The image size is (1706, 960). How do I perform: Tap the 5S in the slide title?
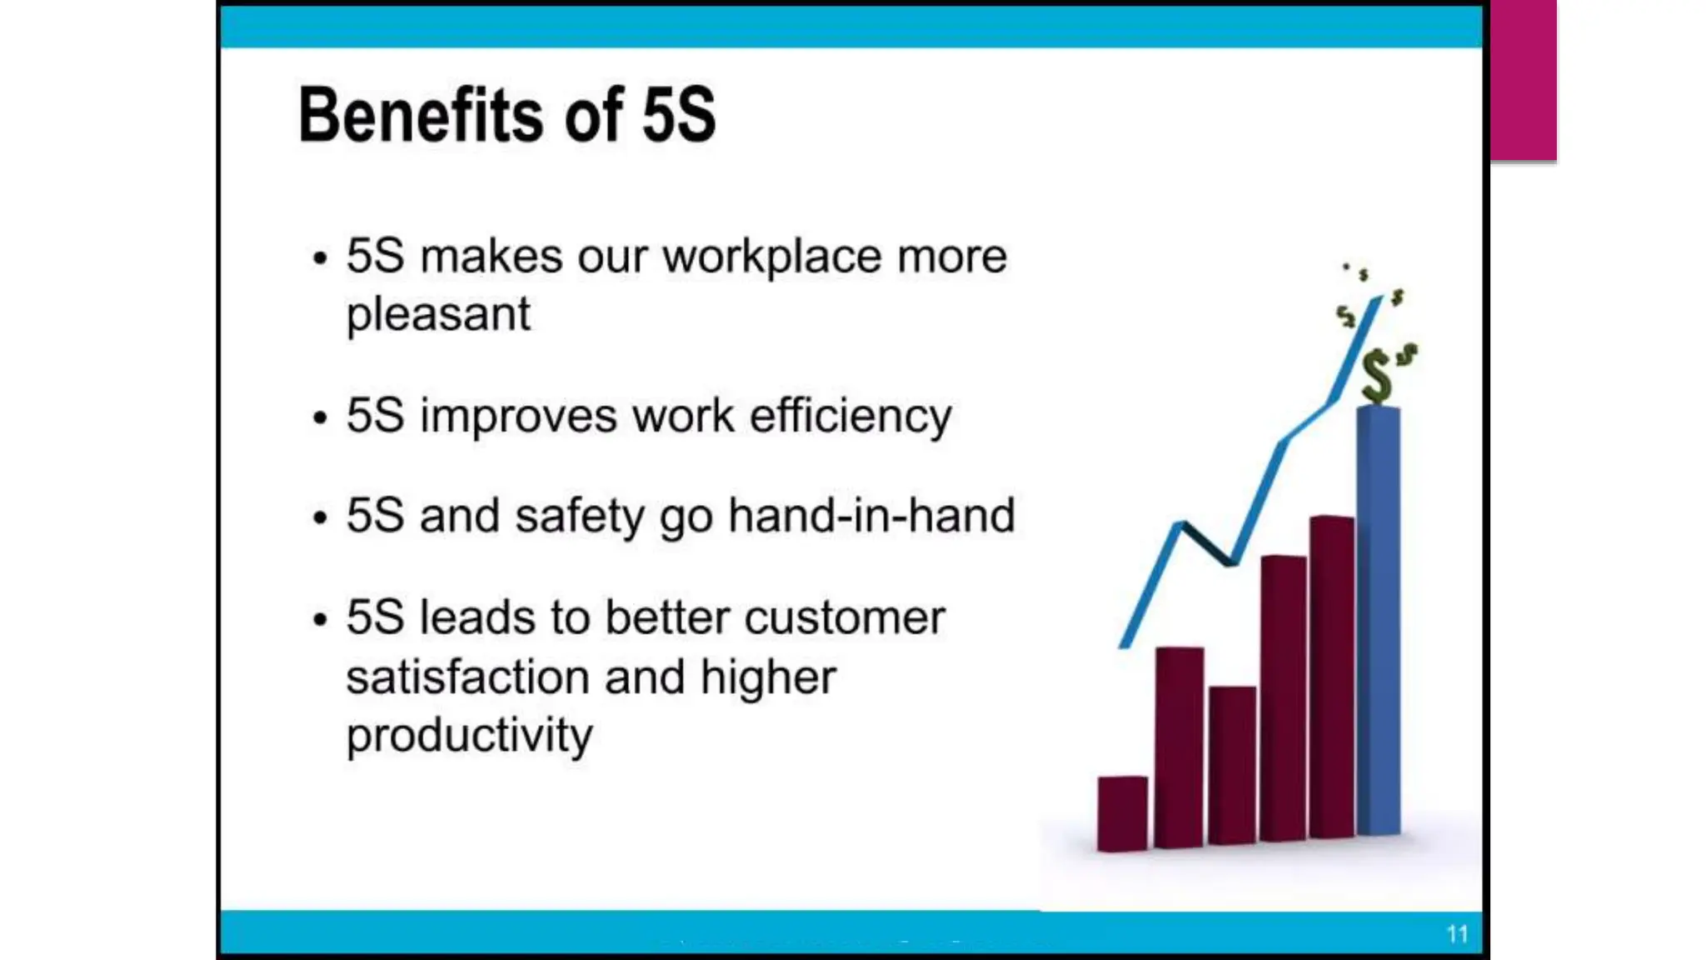coord(678,115)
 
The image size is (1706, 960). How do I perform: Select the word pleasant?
coord(438,315)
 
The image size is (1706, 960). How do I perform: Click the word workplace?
coord(771,256)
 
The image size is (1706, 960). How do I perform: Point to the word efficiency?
coord(851,416)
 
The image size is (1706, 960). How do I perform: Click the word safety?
coord(580,516)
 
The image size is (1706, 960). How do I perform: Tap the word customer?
coord(845,618)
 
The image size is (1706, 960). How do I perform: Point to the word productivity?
coord(469,735)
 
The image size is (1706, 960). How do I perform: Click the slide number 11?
coord(1457,934)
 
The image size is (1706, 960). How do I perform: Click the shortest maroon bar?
coord(1122,812)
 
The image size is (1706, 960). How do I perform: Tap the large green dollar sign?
coord(1376,377)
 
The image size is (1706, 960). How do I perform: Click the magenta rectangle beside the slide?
coord(1523,80)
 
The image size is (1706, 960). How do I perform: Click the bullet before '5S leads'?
coord(320,619)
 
